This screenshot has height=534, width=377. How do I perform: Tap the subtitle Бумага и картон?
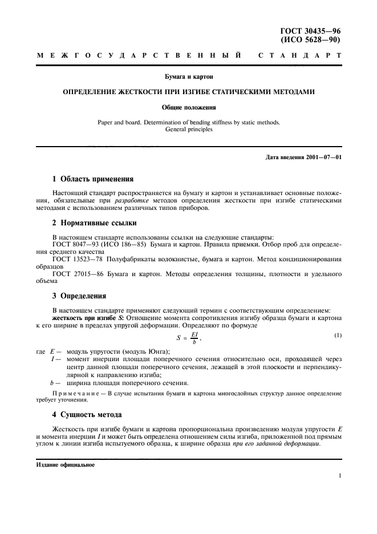pyautogui.click(x=188, y=75)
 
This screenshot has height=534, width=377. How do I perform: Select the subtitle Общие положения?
pyautogui.click(x=188, y=106)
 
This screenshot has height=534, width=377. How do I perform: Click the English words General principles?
pyautogui.click(x=188, y=130)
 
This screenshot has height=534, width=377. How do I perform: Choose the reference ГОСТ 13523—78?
pyautogui.click(x=75, y=260)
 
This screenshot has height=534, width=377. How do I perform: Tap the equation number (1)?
pyautogui.click(x=338, y=334)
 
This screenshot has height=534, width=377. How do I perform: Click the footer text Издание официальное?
pyautogui.click(x=65, y=465)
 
